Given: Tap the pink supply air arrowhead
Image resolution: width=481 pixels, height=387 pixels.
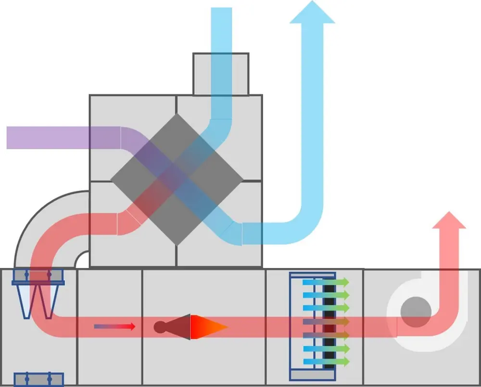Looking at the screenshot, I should point(449,220).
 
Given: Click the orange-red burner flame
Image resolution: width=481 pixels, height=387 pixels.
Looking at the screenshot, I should point(208,327).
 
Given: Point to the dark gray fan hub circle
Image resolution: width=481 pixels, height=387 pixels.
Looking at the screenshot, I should point(416,312).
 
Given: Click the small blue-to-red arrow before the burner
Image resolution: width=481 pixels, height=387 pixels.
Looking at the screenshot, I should point(114,326).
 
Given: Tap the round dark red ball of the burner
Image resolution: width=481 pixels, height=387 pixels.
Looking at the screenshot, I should point(160,327).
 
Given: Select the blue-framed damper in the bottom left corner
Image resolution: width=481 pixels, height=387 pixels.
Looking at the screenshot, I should point(38,379).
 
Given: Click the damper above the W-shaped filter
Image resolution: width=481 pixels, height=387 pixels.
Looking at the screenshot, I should point(38,275).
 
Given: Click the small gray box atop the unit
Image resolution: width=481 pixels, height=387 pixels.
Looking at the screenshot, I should point(221,74).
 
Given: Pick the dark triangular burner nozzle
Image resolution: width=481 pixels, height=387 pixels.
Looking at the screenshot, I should point(181,327).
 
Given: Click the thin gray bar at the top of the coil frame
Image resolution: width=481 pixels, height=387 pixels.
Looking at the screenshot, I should point(313,275).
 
